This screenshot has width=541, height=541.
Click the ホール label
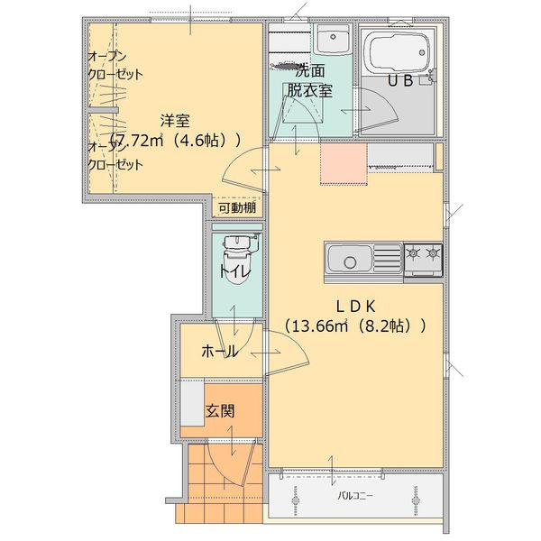[219, 350]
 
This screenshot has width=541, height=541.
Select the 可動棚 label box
[236, 207]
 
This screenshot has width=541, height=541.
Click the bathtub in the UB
[396, 53]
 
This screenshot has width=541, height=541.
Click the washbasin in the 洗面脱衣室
[333, 41]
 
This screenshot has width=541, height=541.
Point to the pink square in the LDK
[344, 163]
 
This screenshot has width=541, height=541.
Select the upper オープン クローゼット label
[115, 66]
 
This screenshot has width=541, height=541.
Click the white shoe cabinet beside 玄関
[191, 402]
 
